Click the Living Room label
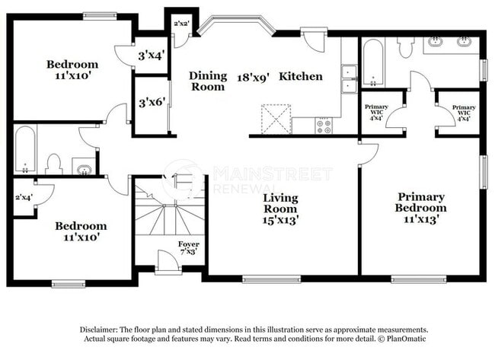(x=280, y=209)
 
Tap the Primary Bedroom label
(x=421, y=208)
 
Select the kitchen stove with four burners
(x=324, y=126)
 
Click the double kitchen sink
(x=349, y=79)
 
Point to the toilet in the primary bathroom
(x=404, y=47)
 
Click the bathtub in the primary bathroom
(x=373, y=62)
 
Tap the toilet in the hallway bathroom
(x=53, y=164)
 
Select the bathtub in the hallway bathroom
(x=25, y=149)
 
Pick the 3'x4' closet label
(x=152, y=56)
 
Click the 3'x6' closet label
(x=152, y=102)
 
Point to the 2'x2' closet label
(x=181, y=23)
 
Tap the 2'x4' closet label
(x=24, y=198)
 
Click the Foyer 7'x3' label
(x=188, y=247)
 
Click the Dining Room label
(x=208, y=81)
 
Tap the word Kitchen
(x=301, y=76)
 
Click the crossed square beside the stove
(x=276, y=119)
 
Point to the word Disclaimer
(x=99, y=330)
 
